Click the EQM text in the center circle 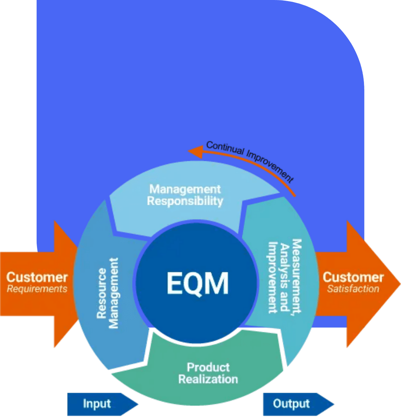pos(197,283)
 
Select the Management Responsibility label pos(185,195)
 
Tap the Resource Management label pos(108,293)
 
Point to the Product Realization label pos(208,373)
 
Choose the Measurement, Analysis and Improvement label pos(285,276)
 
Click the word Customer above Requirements pos(37,277)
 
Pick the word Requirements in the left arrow pos(37,289)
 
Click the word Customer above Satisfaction pos(353,277)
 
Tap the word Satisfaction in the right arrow pos(353,289)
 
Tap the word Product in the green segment pos(208,367)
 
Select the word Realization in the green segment pos(208,379)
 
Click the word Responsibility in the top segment pos(185,201)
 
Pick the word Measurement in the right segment pos(296,276)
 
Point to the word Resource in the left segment pos(102,293)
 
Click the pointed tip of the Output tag pos(333,404)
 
